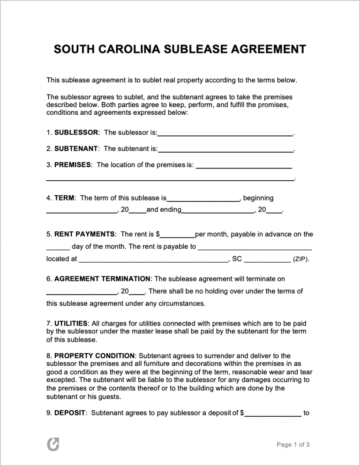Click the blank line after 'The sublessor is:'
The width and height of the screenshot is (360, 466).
(x=225, y=134)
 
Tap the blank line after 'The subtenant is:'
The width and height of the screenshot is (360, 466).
(x=225, y=150)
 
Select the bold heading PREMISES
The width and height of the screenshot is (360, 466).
(x=73, y=165)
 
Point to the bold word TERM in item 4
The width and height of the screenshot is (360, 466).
(x=64, y=198)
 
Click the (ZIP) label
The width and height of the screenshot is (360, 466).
(x=301, y=259)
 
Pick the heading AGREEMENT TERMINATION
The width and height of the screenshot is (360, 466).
(x=103, y=279)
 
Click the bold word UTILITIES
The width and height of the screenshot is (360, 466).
(x=71, y=323)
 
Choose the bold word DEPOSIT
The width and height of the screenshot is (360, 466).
(x=70, y=413)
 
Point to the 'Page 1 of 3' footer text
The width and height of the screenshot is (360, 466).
(x=293, y=445)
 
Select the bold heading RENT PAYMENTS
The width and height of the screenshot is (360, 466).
(x=84, y=234)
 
